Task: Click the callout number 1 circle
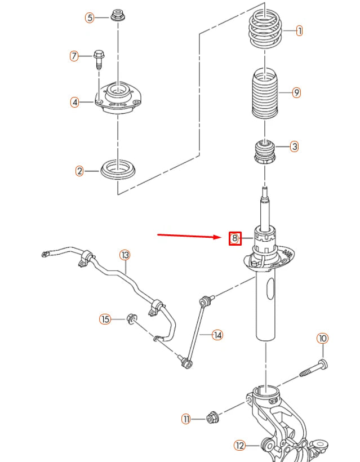coord(299,31)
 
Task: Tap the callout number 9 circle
coord(296,93)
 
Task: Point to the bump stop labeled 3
coord(265,151)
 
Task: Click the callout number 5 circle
coord(90,17)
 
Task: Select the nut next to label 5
coord(118,15)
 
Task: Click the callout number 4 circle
coord(74,102)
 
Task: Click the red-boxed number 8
coord(235,238)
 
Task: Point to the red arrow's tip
coord(224,237)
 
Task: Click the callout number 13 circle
coord(125,255)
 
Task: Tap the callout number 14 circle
coord(217,335)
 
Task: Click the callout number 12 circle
coord(240,446)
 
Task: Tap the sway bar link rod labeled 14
coord(194,332)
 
